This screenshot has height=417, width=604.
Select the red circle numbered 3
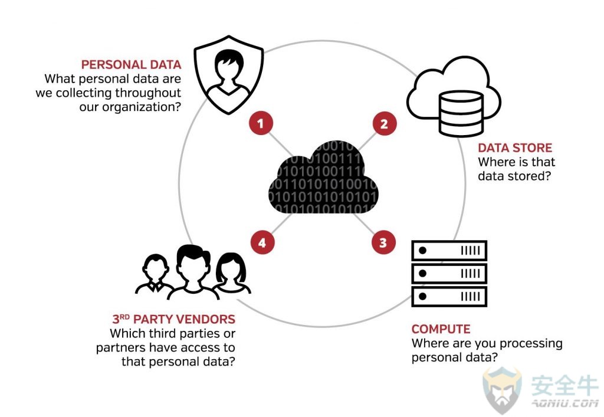pos(383,242)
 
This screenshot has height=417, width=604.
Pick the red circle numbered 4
pos(262,242)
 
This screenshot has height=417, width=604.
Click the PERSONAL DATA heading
pos(131,65)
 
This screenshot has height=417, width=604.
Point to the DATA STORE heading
pos(515,147)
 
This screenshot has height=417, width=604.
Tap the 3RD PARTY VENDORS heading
pos(173,320)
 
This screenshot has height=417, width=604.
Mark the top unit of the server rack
pos(449,251)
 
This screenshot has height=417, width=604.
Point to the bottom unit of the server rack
pos(449,295)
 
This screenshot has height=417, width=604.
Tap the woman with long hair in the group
pos(231,274)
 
